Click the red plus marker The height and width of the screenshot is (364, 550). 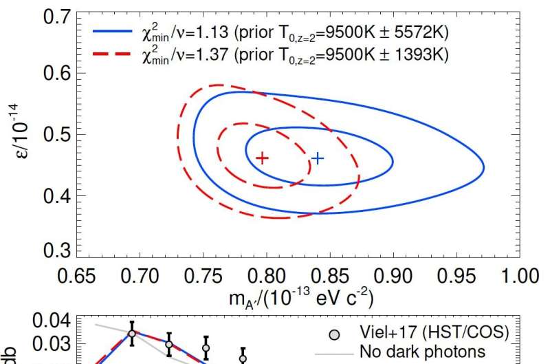[262, 158]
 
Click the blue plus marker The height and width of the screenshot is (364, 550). [317, 158]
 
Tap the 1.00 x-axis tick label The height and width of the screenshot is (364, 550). [517, 275]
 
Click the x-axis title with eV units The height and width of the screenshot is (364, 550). [297, 299]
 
